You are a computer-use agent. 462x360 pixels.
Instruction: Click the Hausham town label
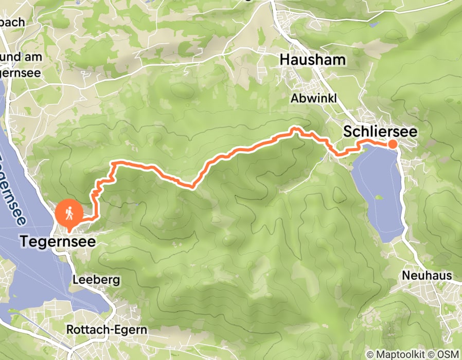312,60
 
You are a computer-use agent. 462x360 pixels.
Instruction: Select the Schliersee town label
380,132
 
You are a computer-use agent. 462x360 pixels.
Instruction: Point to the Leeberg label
96,280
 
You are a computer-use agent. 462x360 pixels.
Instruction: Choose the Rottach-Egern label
107,329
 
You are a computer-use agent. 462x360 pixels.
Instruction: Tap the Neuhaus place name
427,276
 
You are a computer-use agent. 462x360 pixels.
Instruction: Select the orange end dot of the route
392,144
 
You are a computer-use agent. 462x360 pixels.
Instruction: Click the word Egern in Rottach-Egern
131,329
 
